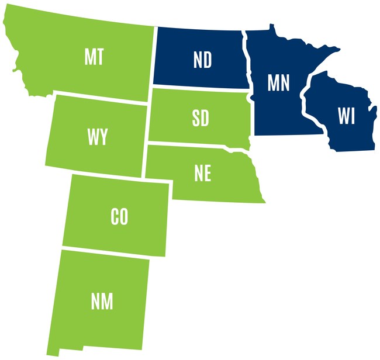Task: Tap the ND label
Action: point(202,60)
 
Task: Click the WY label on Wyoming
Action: point(97,137)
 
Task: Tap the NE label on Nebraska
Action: point(203,173)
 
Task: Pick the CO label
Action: point(119,217)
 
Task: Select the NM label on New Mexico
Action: point(102,302)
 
